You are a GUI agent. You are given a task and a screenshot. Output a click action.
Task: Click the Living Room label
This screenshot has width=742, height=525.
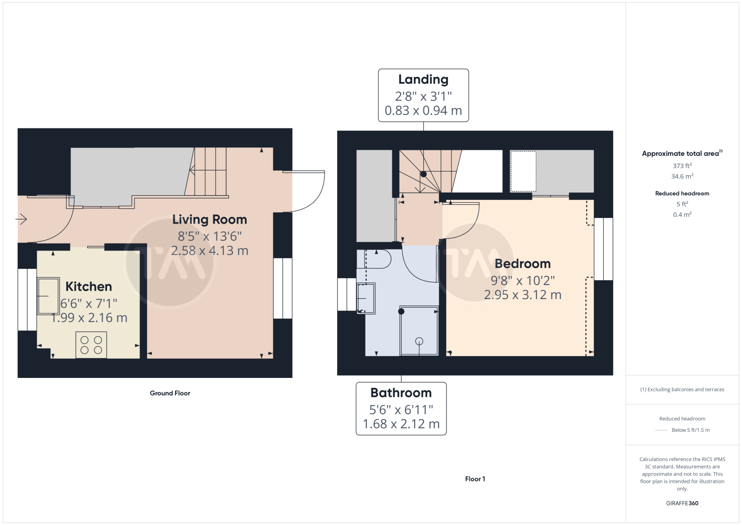[x=209, y=220]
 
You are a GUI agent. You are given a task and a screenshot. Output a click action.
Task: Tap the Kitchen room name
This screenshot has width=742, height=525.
[x=89, y=287]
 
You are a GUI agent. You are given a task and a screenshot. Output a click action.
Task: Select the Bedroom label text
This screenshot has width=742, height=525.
[x=522, y=263]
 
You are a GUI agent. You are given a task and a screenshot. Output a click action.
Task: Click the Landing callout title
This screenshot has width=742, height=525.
[x=423, y=79]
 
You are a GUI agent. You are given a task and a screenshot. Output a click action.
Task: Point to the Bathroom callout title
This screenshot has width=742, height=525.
[x=401, y=393]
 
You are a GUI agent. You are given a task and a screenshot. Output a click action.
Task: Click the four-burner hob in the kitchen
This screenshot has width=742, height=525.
[x=91, y=345]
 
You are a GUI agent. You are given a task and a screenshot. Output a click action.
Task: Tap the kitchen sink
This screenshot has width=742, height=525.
[x=48, y=296]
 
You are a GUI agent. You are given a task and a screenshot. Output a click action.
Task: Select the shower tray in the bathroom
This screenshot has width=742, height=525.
[x=419, y=331]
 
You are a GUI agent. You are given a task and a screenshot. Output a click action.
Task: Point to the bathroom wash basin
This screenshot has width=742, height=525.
[x=366, y=298]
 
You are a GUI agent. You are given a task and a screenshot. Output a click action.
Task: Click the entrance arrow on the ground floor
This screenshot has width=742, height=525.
[x=21, y=219]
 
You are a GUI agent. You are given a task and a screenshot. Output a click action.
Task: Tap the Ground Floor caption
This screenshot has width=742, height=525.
[x=170, y=393]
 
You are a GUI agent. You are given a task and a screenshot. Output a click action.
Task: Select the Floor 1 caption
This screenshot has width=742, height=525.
[x=475, y=479]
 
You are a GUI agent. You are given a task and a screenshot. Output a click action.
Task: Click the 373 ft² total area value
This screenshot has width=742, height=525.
[x=682, y=166]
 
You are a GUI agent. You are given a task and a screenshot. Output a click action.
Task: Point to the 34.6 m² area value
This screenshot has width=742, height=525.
[x=682, y=176]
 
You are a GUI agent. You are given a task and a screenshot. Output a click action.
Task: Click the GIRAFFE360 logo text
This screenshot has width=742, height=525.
[x=682, y=503]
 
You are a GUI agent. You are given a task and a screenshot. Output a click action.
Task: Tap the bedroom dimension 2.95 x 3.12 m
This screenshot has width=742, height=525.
[x=522, y=295]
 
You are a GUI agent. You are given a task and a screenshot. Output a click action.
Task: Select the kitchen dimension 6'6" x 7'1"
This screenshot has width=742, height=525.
[x=89, y=303]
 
